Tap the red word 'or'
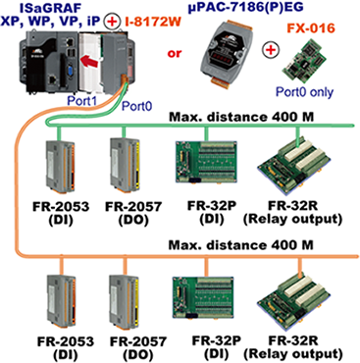coord(175,53)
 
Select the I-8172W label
coord(153,22)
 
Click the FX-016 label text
coord(311,28)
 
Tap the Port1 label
coord(81,100)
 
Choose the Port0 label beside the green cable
coord(137,106)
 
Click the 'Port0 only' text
coord(304,92)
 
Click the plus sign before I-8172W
coord(112,22)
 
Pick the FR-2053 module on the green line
coord(60,166)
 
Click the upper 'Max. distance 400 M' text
coord(241,116)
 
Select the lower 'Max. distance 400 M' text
coord(241,244)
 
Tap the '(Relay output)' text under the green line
coord(292,219)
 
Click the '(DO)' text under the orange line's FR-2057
coord(137,354)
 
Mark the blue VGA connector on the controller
coord(69,72)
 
